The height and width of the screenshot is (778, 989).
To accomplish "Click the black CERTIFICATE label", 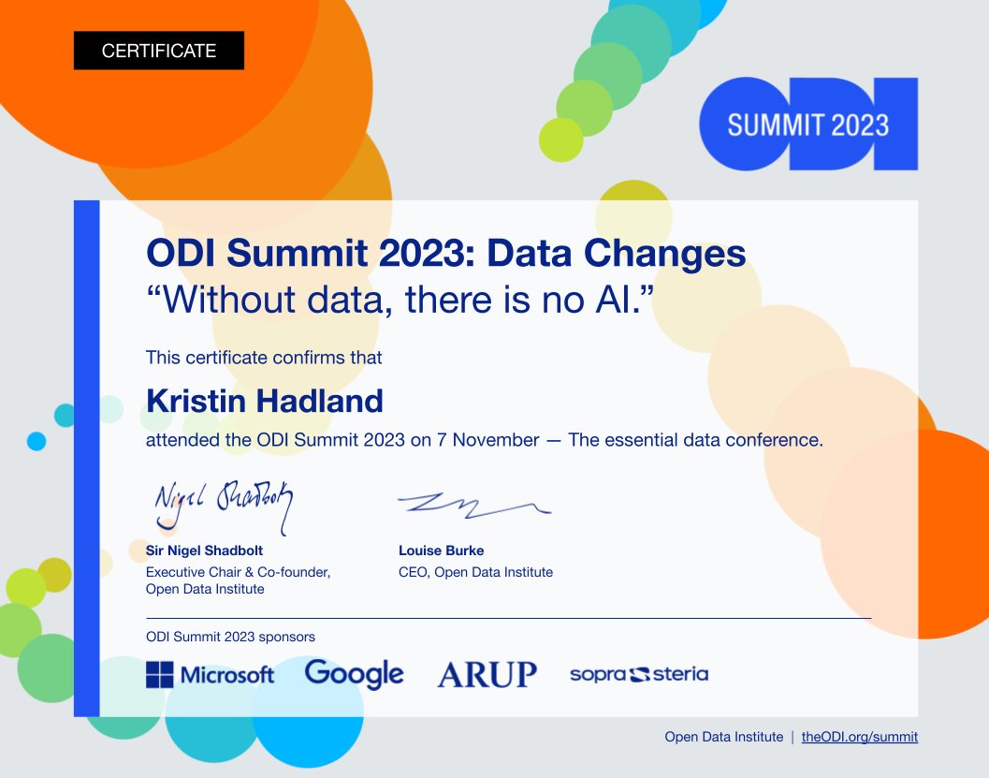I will (x=158, y=51).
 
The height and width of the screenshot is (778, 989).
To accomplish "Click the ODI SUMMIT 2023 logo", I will (x=808, y=124).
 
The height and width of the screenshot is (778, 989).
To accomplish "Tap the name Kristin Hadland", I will (x=265, y=401).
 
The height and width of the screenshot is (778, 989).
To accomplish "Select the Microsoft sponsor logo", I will (x=211, y=674).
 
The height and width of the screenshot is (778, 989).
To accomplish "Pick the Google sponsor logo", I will (x=354, y=673).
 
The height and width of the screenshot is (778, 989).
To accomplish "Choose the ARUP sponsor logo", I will (x=487, y=674).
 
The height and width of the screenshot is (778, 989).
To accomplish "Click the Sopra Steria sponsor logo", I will (x=639, y=674).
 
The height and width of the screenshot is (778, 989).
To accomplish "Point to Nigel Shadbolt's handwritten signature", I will (x=223, y=506).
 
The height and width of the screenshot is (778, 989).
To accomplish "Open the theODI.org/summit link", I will (x=860, y=737).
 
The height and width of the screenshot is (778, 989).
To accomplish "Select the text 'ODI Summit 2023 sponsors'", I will (x=230, y=637).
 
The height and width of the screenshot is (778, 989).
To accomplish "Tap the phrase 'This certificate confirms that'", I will (x=264, y=358).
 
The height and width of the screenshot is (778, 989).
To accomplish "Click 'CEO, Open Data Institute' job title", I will (x=475, y=572).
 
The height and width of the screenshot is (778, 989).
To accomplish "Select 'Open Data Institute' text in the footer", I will (x=724, y=737).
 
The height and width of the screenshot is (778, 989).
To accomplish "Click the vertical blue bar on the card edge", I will (x=86, y=459).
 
